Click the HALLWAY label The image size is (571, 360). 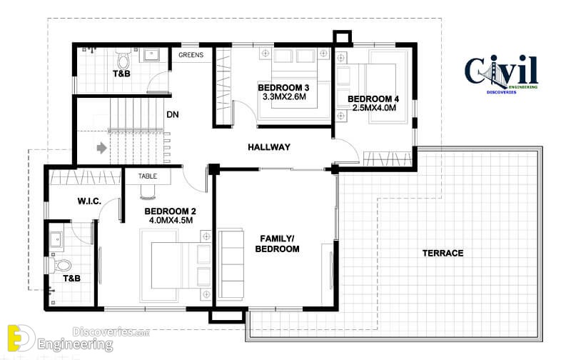coord(269,147)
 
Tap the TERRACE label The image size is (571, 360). coord(443,254)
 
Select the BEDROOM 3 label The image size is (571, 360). coord(283,88)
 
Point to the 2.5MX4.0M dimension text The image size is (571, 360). coord(374,108)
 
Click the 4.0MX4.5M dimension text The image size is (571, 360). coord(171,221)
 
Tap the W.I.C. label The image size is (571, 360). coord(89,201)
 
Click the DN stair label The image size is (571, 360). coord(173,115)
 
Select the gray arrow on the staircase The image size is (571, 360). coord(101,148)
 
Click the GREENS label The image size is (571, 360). coord(191,55)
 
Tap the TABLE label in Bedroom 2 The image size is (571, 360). coord(148,176)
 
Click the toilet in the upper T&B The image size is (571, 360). coord(123,58)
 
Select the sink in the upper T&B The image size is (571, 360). coord(151,55)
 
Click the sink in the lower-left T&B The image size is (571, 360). coord(56,240)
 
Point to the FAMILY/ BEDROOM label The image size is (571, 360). coord(277,244)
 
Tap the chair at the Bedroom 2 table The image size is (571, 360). coord(148,192)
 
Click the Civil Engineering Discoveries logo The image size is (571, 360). coord(502,74)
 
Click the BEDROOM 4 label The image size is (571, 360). coord(373,99)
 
